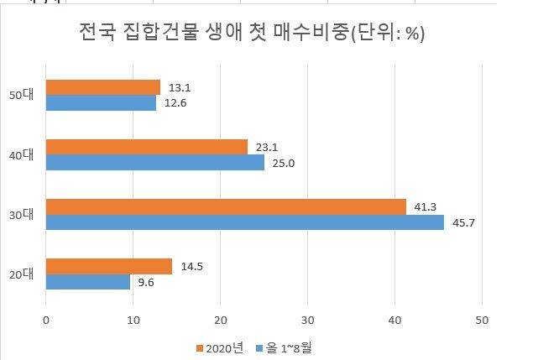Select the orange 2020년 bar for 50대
point(102,87)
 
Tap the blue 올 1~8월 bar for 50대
point(101,103)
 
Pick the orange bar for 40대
point(146,147)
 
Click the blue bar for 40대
point(154,163)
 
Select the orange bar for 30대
point(226,206)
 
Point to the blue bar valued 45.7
point(244,222)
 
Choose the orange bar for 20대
point(108,266)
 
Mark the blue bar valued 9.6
point(87,282)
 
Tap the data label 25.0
point(285,163)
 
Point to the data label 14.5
point(193,266)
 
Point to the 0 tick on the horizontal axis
point(46,320)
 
